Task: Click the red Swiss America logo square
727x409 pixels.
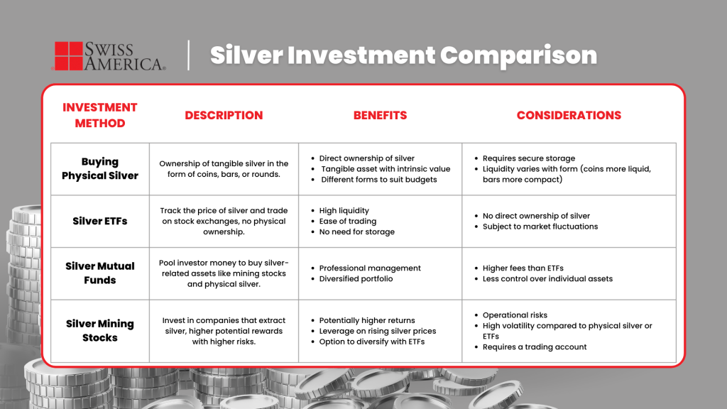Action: click(x=68, y=56)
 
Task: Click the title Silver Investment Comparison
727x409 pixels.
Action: click(x=403, y=55)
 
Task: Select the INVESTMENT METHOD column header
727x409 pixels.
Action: click(x=99, y=115)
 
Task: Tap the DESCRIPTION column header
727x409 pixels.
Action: click(x=224, y=115)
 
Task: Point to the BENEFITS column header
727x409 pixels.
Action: click(x=380, y=115)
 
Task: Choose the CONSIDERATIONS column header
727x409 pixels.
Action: click(x=569, y=115)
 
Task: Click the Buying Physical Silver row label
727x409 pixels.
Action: click(x=100, y=169)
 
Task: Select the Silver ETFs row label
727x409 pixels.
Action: click(x=100, y=221)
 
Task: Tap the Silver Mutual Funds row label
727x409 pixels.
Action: click(x=100, y=273)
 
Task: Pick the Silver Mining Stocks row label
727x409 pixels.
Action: click(x=100, y=331)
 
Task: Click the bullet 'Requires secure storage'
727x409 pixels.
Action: click(x=529, y=158)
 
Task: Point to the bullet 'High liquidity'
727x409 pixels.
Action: click(x=344, y=210)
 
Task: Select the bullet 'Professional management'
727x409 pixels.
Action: click(x=370, y=268)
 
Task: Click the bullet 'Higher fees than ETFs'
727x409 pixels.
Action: click(x=523, y=268)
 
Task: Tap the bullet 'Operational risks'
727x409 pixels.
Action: click(x=515, y=315)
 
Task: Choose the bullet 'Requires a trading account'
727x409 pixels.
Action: click(x=535, y=347)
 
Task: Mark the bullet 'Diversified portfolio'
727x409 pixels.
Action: click(x=356, y=279)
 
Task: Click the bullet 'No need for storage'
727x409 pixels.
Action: click(x=356, y=231)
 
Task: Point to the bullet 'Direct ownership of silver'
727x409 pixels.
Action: click(x=366, y=158)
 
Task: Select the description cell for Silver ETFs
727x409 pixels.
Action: click(x=224, y=221)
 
